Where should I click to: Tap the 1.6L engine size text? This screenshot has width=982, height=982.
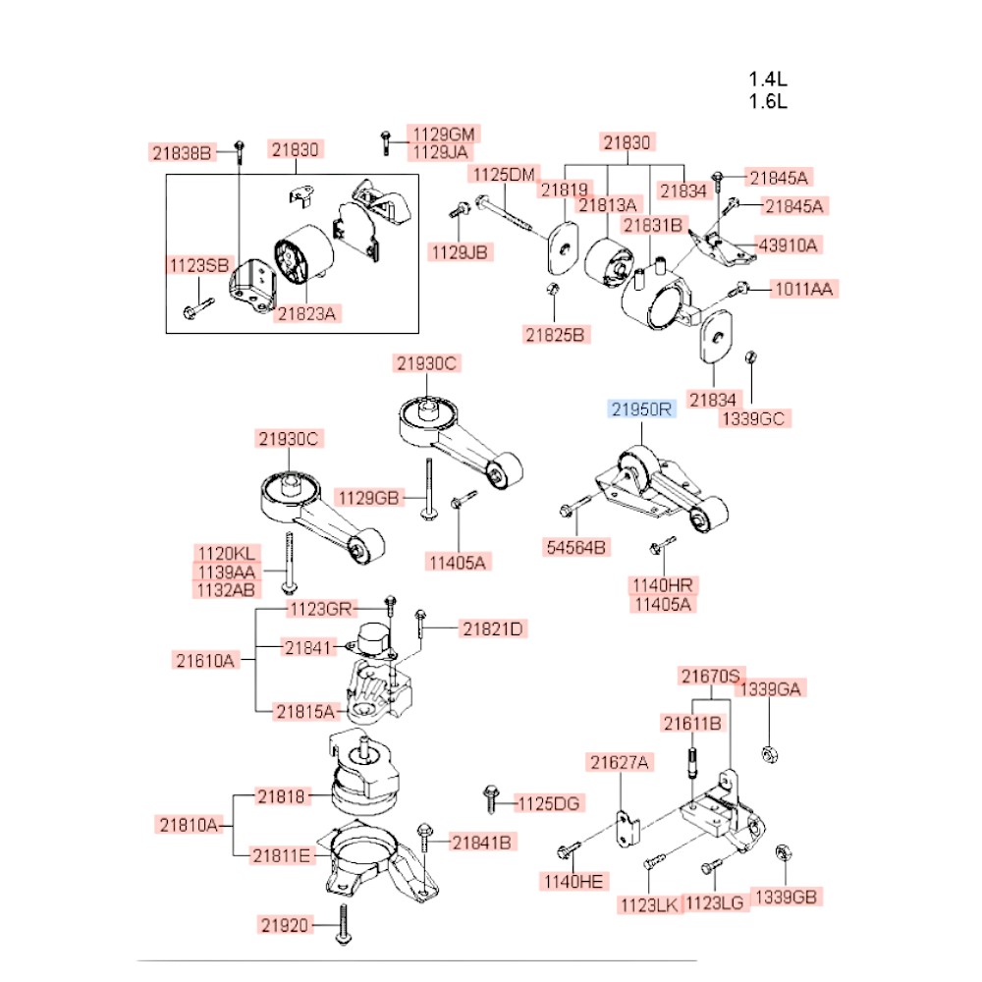[769, 101]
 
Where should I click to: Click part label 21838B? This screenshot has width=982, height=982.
[182, 152]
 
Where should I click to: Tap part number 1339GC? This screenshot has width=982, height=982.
[754, 418]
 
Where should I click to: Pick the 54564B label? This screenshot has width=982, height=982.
[576, 546]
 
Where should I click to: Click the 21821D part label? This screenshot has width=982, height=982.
[494, 627]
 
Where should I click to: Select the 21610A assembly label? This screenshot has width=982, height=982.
[206, 661]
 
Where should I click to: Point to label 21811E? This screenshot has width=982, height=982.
[281, 856]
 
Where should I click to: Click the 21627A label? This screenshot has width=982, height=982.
[620, 761]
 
